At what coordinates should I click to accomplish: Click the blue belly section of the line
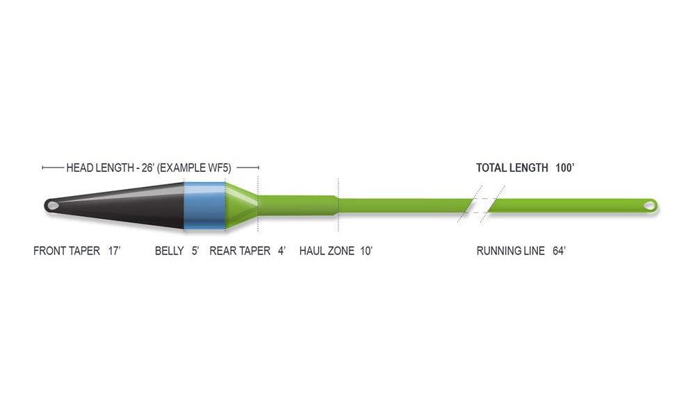(x=204, y=205)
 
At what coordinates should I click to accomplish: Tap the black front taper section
(x=125, y=205)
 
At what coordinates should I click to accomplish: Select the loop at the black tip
(x=51, y=206)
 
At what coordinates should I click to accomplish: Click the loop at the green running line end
(x=649, y=205)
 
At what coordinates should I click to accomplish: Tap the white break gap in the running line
(x=481, y=205)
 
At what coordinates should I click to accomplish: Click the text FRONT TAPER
(x=67, y=252)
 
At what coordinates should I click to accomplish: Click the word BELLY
(x=170, y=252)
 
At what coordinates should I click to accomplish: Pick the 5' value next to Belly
(x=195, y=252)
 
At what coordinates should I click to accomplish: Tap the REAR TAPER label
(x=240, y=252)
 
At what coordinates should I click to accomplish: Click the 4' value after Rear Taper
(x=281, y=252)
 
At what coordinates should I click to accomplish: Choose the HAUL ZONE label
(x=327, y=252)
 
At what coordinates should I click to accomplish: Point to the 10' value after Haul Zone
(x=366, y=252)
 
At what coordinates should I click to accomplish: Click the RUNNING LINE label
(x=510, y=252)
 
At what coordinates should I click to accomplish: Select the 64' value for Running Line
(x=558, y=252)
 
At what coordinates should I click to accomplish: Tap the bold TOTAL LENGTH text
(x=512, y=167)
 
